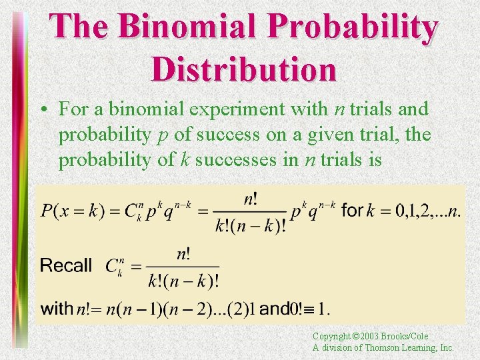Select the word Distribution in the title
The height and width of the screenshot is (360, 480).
coord(243,69)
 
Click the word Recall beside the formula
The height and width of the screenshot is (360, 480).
coord(66,265)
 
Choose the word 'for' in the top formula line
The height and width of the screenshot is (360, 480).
coord(351,211)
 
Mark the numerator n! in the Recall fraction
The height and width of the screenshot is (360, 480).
coord(183,253)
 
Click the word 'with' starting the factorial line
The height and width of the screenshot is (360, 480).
coord(57,309)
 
